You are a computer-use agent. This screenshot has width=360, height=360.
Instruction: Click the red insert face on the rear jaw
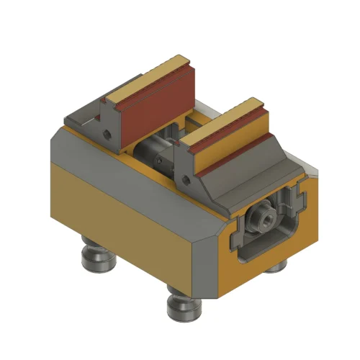(144, 115)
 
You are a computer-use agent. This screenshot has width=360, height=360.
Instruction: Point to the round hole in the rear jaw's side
(107, 134)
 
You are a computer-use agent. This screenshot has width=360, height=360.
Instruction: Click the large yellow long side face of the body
(122, 216)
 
